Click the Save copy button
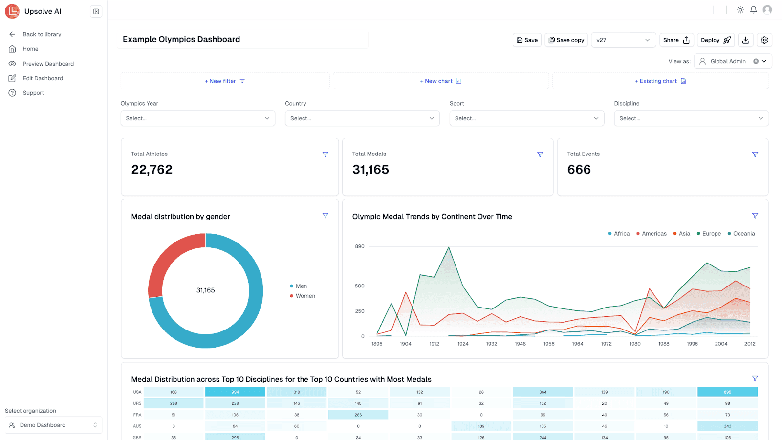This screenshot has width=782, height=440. (566, 40)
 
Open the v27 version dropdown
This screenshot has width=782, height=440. (623, 40)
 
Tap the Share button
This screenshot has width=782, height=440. (676, 40)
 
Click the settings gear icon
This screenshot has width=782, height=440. (764, 40)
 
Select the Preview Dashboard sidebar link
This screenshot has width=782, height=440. (48, 64)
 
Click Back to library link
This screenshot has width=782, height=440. (42, 34)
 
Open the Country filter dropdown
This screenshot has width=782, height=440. (362, 118)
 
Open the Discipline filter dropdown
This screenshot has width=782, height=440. (691, 118)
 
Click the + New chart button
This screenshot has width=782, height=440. (440, 81)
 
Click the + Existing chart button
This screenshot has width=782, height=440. (660, 81)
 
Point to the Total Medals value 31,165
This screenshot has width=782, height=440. (370, 170)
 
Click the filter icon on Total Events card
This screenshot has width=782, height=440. (755, 154)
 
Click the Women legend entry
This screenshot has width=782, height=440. (304, 296)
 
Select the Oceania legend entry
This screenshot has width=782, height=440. (743, 234)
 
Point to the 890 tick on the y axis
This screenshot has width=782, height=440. (360, 246)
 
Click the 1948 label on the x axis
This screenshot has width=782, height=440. (520, 344)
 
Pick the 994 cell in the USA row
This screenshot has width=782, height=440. (235, 392)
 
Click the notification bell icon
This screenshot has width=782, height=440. (753, 10)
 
